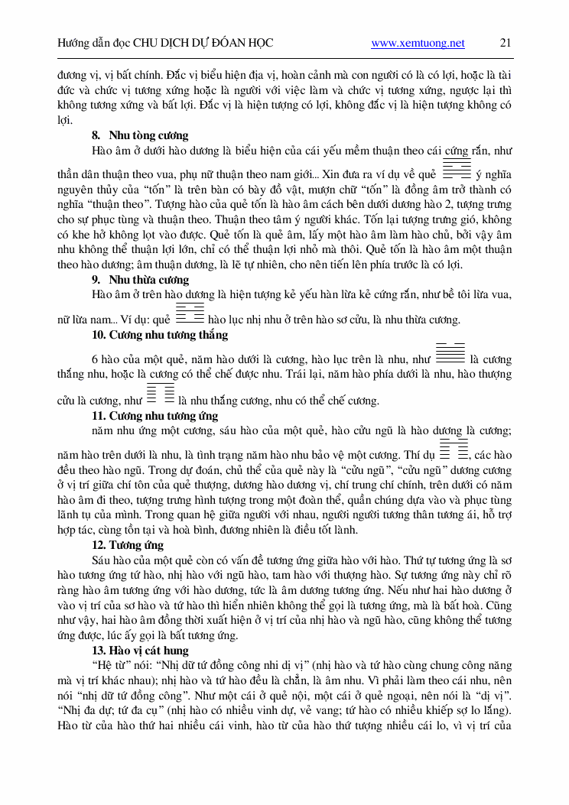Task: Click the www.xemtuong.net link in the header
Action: [x=418, y=44]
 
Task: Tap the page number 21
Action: [x=506, y=44]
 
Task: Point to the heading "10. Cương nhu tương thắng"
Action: [x=159, y=335]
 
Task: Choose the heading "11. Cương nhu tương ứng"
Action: [x=154, y=416]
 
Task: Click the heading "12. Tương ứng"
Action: [x=127, y=545]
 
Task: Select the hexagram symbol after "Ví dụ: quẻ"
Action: [x=190, y=315]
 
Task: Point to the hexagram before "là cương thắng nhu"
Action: [x=450, y=353]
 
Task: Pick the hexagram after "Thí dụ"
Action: [x=454, y=450]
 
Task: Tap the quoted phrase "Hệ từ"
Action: [x=112, y=665]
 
